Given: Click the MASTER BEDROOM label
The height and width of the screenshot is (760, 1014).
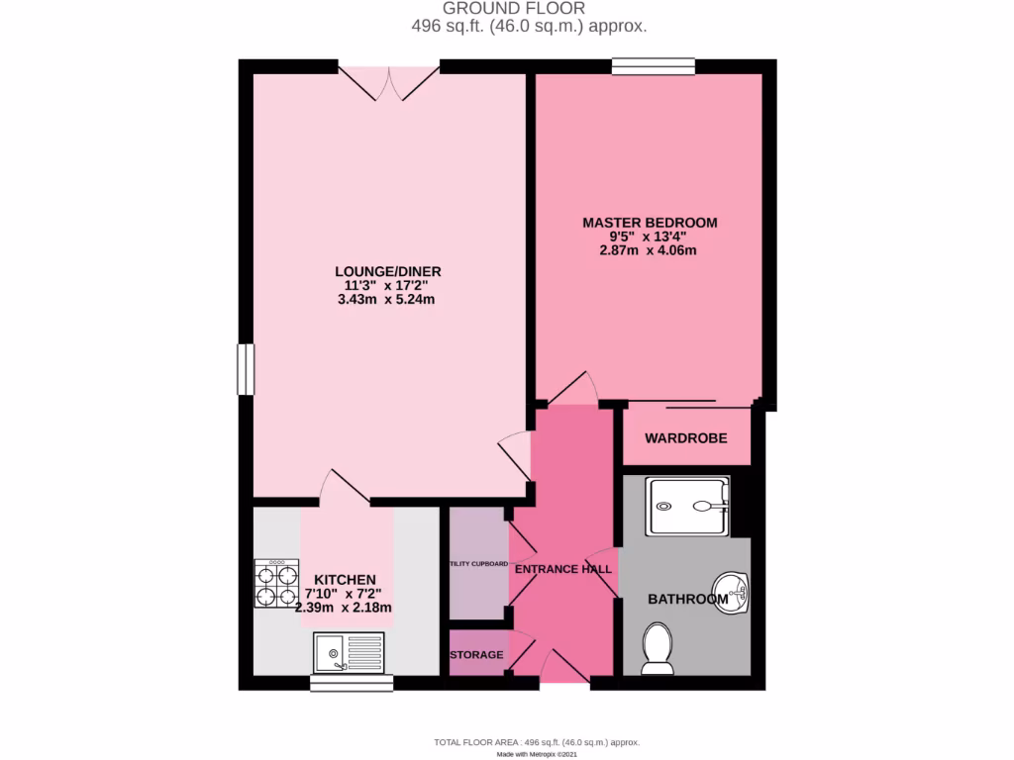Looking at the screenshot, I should [x=649, y=223].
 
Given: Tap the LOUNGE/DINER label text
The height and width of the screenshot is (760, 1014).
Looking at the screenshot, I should [x=387, y=272].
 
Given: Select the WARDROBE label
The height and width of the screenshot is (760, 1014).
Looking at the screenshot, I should [x=686, y=438].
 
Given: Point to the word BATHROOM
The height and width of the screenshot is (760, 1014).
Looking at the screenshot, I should [x=687, y=599].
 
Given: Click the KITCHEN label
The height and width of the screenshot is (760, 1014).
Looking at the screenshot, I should [x=345, y=580].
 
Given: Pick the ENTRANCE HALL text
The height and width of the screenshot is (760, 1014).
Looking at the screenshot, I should [x=562, y=569].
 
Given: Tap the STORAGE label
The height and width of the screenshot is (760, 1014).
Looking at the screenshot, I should [x=477, y=655].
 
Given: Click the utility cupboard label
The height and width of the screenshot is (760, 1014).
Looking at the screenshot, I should [x=478, y=563].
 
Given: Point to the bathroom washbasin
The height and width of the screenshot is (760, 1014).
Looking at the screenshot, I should [x=732, y=592].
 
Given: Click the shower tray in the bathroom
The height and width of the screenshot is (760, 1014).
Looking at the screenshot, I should [x=686, y=506].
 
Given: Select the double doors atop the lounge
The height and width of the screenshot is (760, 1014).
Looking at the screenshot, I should [x=389, y=83].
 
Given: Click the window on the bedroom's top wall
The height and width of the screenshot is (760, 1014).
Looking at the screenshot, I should [x=653, y=66].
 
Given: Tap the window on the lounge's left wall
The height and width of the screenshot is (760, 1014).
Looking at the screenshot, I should [x=245, y=369].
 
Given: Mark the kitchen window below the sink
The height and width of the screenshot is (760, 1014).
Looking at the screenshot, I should [x=352, y=683].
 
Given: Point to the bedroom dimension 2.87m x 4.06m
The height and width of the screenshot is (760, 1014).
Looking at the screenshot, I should [x=649, y=251].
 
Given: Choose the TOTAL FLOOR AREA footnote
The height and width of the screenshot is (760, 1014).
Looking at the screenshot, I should [x=537, y=742].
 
